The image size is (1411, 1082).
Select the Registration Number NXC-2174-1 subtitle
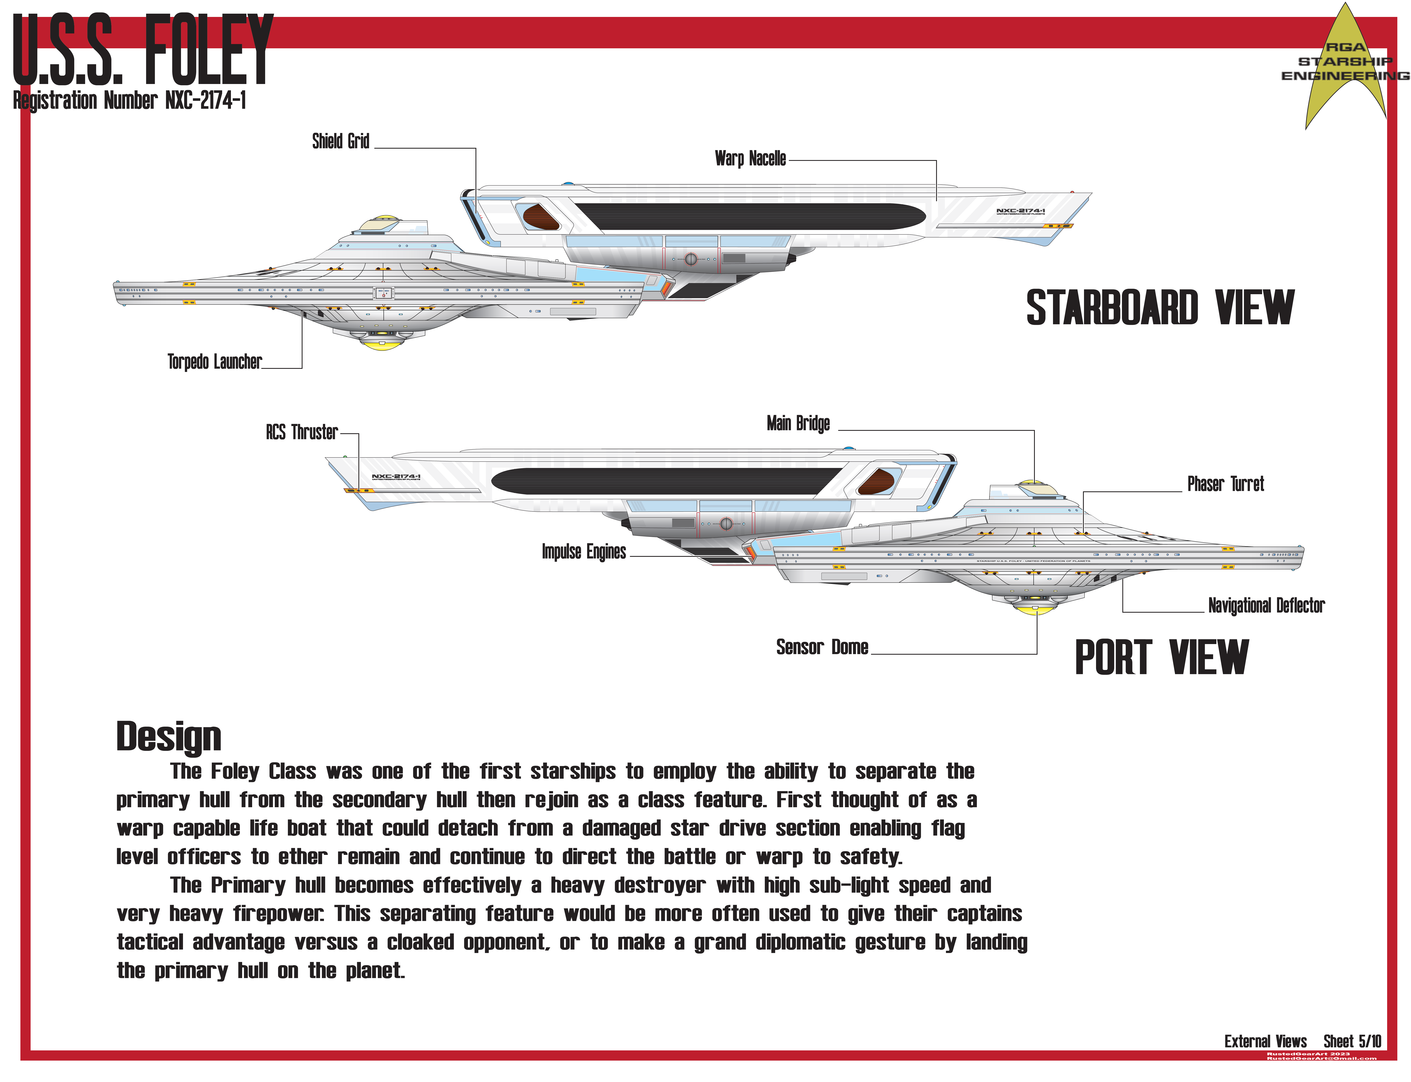point(129,101)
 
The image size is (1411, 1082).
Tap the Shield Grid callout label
point(340,141)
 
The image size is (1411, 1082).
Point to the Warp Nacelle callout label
point(750,158)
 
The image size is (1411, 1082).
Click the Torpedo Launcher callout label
point(215,362)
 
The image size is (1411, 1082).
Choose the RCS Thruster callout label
point(301,432)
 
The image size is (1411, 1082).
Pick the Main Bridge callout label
point(798,423)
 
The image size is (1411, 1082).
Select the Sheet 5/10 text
point(1352,1041)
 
